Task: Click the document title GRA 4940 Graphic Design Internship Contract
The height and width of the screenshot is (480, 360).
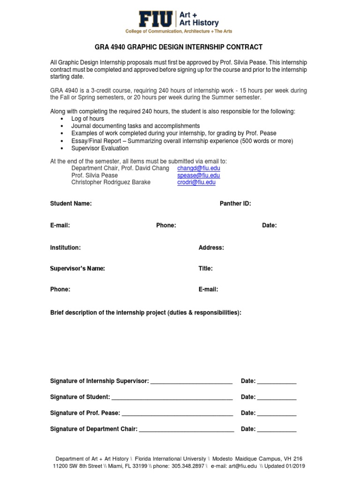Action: (x=180, y=47)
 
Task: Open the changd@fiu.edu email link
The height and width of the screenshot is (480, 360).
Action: (x=198, y=168)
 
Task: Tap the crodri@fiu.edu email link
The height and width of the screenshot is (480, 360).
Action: (x=196, y=182)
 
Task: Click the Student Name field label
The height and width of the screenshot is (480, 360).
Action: (x=71, y=203)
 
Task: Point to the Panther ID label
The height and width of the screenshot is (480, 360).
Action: (x=235, y=203)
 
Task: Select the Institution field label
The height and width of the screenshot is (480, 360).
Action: (x=65, y=247)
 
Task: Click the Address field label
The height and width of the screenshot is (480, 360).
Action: (x=211, y=247)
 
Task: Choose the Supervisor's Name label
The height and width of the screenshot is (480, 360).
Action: (x=77, y=269)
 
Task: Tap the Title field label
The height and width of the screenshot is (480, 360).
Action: (x=205, y=269)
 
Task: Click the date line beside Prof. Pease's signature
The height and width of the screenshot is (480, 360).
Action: (x=277, y=414)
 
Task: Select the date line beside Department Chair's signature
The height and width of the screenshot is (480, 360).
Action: (x=277, y=430)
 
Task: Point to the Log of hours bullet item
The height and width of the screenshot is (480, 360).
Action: (x=88, y=119)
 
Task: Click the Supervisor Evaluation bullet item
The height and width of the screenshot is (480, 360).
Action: (x=99, y=148)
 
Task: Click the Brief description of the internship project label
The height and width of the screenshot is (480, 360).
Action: (x=146, y=312)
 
